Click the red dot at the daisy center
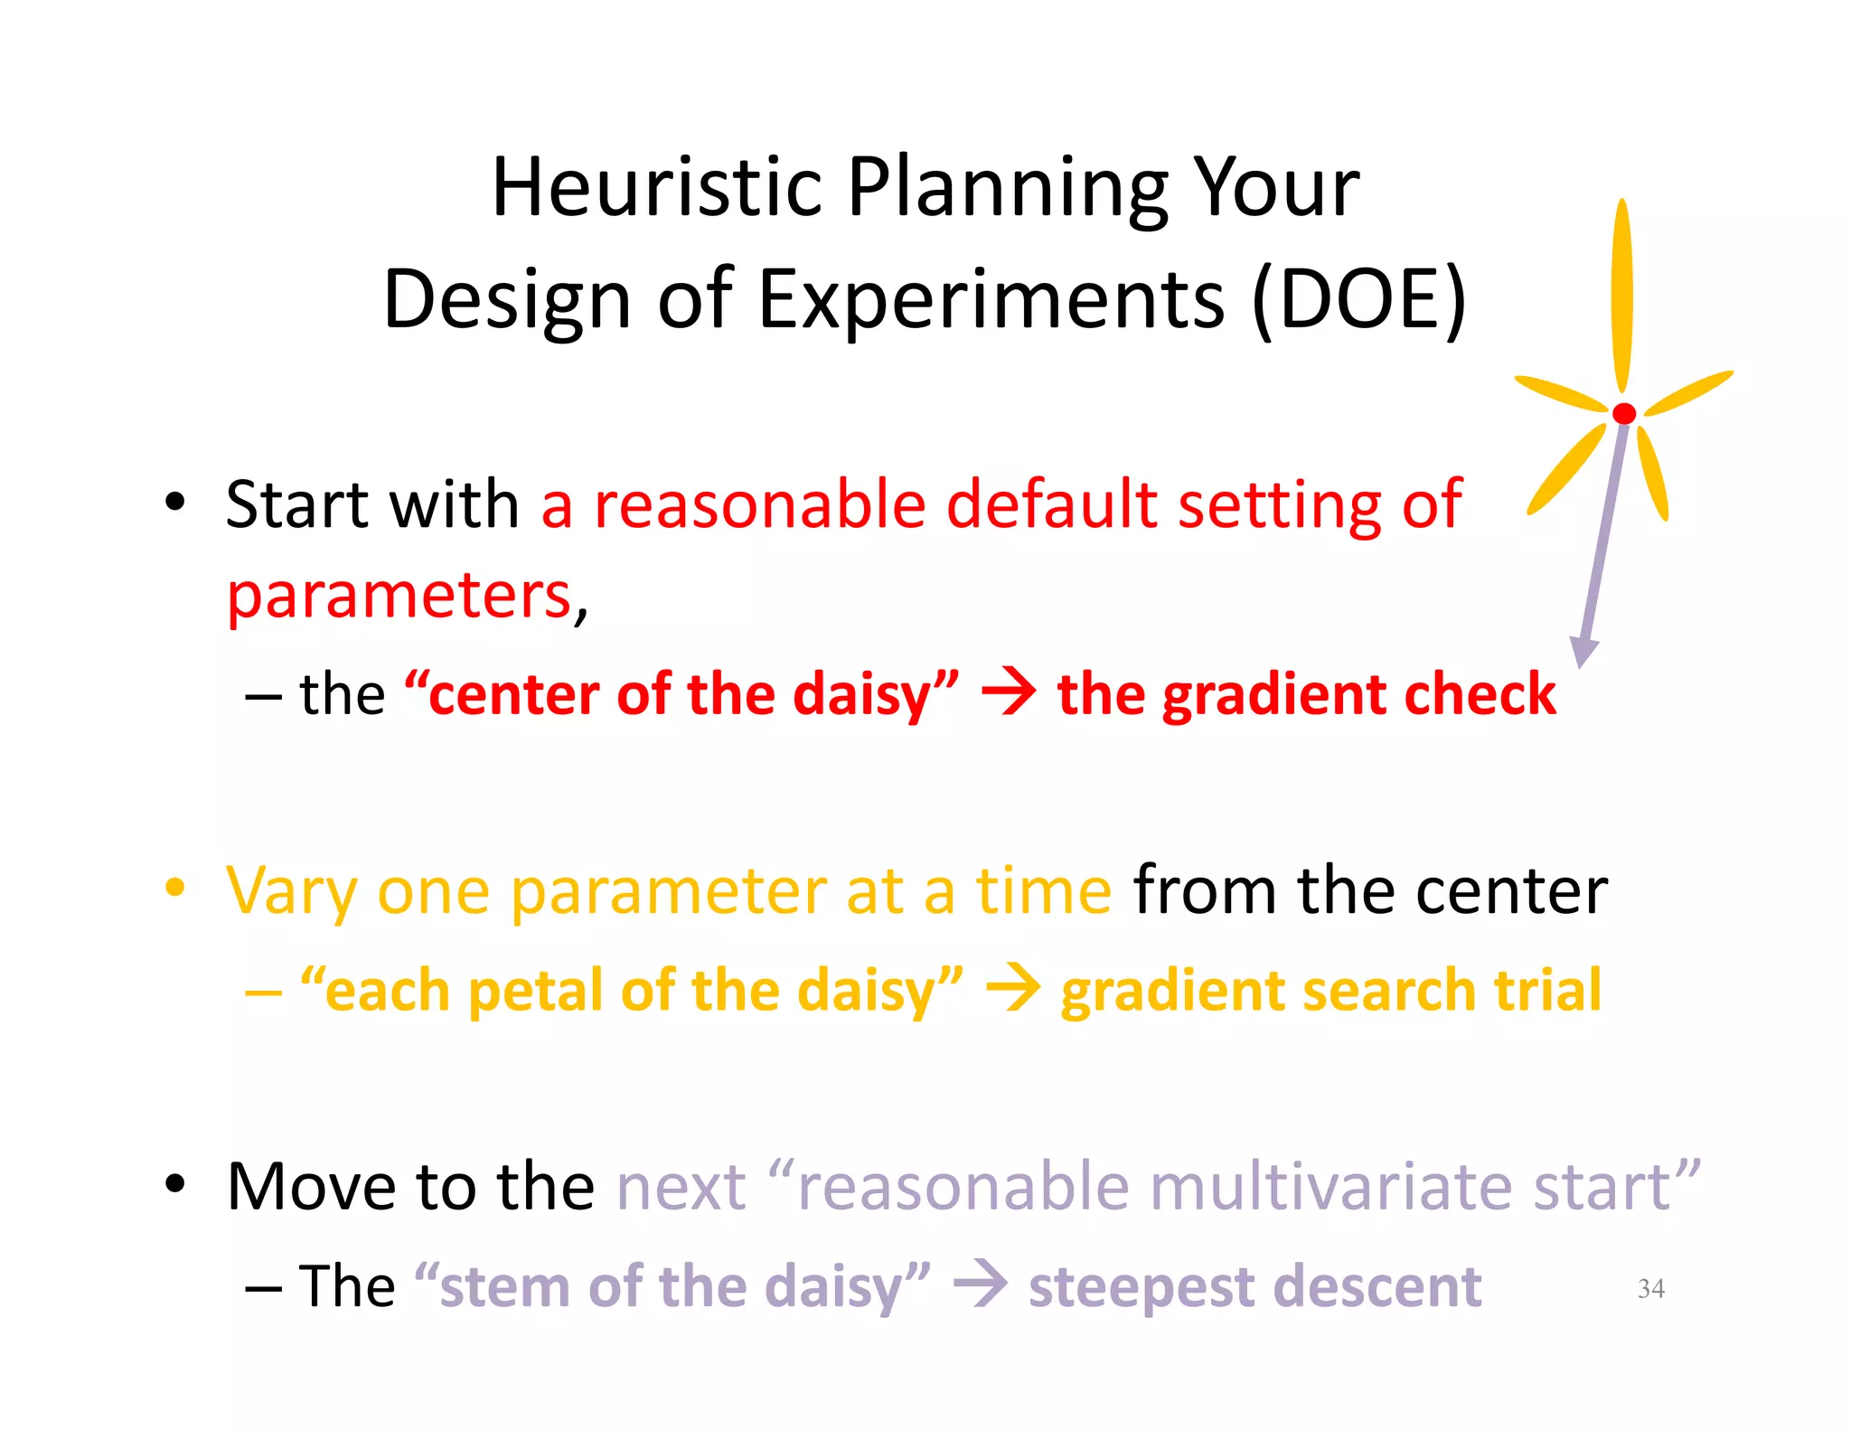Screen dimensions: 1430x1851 1624,413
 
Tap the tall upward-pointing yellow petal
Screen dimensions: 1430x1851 1622,294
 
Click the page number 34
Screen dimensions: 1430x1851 1650,1287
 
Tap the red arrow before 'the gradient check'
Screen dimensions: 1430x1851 1009,693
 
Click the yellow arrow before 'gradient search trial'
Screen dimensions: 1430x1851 1012,989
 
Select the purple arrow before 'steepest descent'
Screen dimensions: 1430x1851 981,1284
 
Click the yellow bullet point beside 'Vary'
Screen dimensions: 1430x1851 175,888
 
